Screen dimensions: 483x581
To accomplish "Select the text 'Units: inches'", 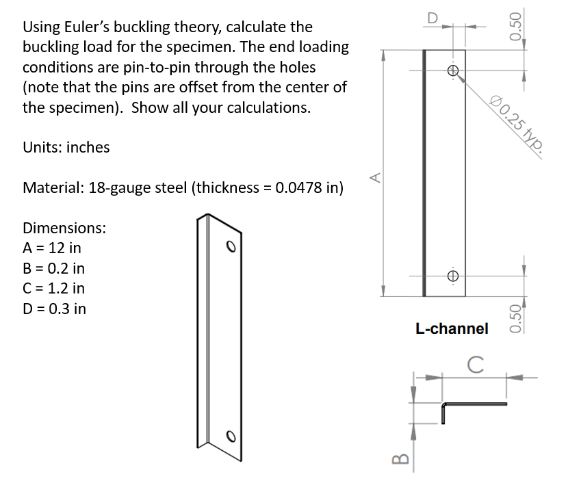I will coord(66,148).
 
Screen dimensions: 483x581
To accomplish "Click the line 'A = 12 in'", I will coord(52,248).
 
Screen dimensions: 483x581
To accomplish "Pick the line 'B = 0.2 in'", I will coord(54,268).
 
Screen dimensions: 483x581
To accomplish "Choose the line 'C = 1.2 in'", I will coord(54,288).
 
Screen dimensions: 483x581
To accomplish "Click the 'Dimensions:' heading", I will coord(64,228).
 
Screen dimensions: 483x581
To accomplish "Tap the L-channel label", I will coord(452,328).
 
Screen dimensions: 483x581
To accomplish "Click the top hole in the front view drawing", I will coord(452,70).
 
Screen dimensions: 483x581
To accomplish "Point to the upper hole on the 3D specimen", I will coord(232,245).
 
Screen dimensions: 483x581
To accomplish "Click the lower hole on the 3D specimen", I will coord(232,436).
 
